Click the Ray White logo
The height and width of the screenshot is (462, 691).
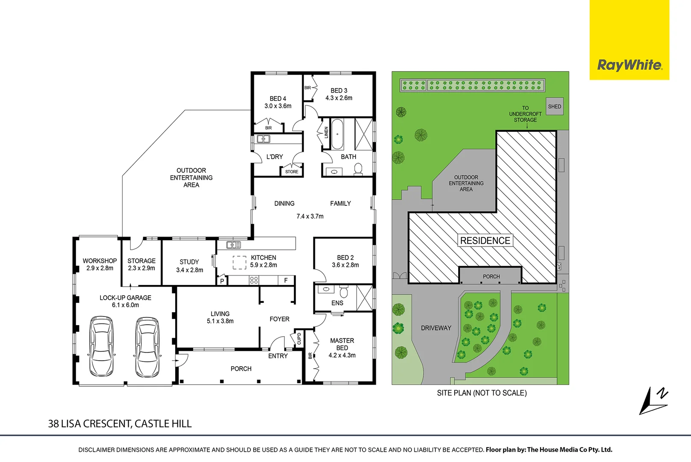pos(629,65)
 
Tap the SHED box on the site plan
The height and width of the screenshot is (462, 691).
pos(555,107)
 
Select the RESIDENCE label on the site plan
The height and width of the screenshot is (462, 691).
pos(485,241)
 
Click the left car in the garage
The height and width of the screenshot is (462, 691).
pos(101,346)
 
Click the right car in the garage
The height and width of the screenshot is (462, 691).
pos(147,346)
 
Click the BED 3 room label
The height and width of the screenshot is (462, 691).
pos(339,91)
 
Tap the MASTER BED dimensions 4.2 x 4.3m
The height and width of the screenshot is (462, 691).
pos(342,355)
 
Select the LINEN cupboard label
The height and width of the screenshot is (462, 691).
pos(326,133)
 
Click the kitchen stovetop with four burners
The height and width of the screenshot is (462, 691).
pos(254,280)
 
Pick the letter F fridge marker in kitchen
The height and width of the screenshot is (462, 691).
pos(286,280)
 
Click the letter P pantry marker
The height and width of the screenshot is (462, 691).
pos(222,281)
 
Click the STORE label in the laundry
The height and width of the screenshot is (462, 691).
pos(292,172)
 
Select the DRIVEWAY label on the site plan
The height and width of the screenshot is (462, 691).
pos(436,328)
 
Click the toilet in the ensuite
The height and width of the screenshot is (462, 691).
pos(344,292)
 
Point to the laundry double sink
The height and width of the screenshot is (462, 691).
pos(263,139)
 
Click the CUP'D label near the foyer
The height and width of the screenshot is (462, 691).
pos(299,338)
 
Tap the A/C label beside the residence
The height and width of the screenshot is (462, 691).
pos(559,266)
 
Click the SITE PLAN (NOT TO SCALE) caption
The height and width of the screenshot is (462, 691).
pos(482,393)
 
